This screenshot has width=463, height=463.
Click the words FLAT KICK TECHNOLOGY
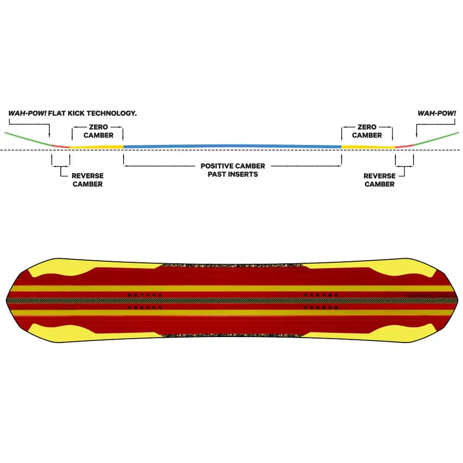click(x=93, y=113)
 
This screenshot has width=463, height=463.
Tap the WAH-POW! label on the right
click(x=437, y=113)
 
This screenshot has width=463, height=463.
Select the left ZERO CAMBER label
click(x=98, y=131)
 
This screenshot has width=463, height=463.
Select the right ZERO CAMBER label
click(x=367, y=131)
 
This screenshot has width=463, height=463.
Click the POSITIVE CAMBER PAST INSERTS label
click(x=233, y=170)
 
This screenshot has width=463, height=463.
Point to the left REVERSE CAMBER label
click(x=88, y=180)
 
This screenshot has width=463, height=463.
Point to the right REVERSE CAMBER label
click(x=380, y=180)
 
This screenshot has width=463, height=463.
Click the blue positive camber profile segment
click(x=232, y=146)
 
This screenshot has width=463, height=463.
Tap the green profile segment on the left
click(x=28, y=139)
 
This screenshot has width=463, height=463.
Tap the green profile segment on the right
click(x=436, y=139)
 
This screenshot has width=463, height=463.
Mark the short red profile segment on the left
click(x=61, y=146)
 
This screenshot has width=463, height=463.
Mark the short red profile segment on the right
click(x=404, y=146)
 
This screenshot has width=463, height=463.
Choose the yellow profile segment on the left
click(x=97, y=147)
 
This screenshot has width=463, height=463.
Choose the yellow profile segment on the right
click(x=368, y=147)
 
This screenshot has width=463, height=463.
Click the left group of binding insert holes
click(x=144, y=301)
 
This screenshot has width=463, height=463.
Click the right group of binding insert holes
click(x=321, y=301)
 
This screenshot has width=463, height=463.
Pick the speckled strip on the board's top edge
click(x=233, y=266)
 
